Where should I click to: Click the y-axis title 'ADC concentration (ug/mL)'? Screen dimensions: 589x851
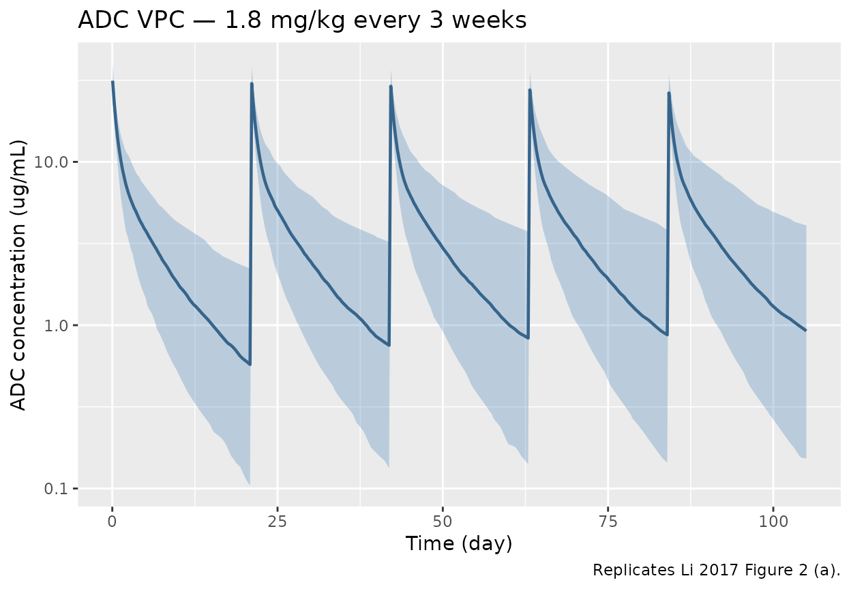[20, 275]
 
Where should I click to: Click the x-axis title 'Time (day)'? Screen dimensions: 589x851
[458, 543]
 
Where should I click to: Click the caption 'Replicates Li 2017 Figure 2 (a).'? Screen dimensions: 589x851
[716, 569]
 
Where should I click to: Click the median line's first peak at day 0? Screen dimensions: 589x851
[113, 82]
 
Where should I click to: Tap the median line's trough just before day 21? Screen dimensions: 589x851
[250, 364]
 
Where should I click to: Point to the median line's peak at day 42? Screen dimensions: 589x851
[391, 87]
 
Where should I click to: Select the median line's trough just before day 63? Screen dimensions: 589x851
[528, 337]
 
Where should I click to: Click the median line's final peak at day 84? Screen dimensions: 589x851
[669, 93]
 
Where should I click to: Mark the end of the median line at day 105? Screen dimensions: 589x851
[806, 331]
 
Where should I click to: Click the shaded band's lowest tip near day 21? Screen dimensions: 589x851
[250, 484]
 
